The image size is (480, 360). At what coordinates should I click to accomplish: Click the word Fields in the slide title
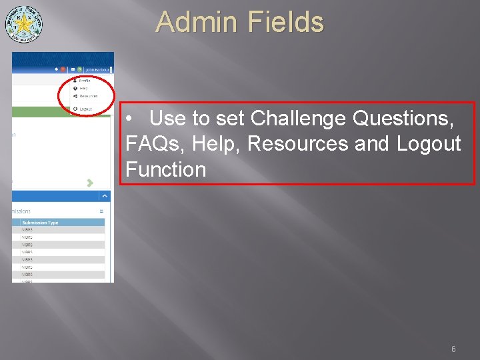pos(285,22)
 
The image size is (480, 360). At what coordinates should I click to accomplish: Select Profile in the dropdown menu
pos(85,80)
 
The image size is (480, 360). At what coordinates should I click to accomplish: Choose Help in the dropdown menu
pos(83,88)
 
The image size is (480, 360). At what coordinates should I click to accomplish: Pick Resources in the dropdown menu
pos(87,96)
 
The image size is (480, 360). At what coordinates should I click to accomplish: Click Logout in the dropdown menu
pos(85,109)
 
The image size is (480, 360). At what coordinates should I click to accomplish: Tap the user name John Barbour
pos(97,69)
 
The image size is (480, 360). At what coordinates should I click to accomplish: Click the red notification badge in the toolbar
pos(63,69)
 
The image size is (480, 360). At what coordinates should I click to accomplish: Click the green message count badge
pos(79,69)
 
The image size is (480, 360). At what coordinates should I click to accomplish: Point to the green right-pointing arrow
pos(90,182)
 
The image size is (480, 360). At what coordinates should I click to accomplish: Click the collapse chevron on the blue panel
pos(104,196)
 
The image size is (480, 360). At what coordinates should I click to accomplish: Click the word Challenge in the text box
pos(298,119)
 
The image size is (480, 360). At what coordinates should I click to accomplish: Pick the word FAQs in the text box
pos(150,144)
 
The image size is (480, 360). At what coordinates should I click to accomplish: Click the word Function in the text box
pos(165,169)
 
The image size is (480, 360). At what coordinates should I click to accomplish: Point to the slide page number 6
pos(453,349)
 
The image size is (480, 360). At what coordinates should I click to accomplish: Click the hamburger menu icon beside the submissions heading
pos(101,211)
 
